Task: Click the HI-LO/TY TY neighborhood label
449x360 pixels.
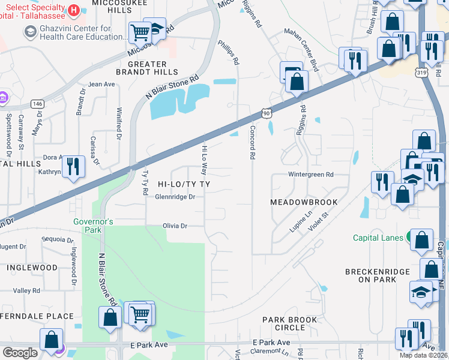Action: pyautogui.click(x=184, y=182)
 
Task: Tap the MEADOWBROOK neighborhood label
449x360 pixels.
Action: pyautogui.click(x=304, y=202)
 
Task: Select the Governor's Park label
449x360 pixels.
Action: pyautogui.click(x=93, y=226)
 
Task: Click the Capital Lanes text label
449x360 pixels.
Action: pyautogui.click(x=378, y=238)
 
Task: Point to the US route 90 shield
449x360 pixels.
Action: pyautogui.click(x=267, y=112)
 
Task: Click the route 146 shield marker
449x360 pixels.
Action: pyautogui.click(x=37, y=104)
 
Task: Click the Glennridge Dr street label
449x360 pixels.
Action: pyautogui.click(x=175, y=197)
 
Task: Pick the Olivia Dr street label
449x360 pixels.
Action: pyautogui.click(x=175, y=226)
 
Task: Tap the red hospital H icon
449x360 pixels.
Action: pyautogui.click(x=73, y=10)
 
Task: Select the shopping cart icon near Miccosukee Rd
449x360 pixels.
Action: pyautogui.click(x=140, y=32)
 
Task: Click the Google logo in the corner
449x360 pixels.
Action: pyautogui.click(x=20, y=352)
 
